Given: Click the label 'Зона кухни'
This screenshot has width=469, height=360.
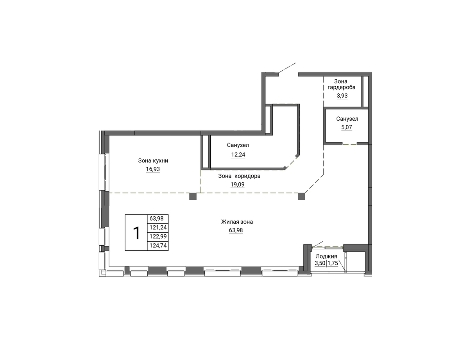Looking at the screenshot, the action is click(x=153, y=160).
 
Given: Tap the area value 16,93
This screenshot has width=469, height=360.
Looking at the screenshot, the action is click(x=153, y=169).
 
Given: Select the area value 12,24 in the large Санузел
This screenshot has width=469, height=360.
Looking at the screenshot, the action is click(x=238, y=155).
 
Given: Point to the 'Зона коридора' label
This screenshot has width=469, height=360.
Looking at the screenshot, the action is click(x=239, y=176).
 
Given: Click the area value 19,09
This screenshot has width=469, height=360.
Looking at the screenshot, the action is click(x=237, y=185).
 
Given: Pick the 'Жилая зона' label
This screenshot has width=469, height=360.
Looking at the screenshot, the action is click(x=237, y=222).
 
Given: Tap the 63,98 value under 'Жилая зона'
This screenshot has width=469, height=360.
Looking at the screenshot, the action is click(x=236, y=230).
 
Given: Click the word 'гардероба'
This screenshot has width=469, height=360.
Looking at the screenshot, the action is click(x=342, y=87).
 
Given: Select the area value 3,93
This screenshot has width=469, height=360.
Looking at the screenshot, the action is click(x=342, y=96).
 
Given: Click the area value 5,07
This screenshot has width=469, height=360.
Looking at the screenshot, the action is click(x=346, y=127).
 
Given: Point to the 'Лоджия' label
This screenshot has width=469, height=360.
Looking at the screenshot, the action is click(x=326, y=257).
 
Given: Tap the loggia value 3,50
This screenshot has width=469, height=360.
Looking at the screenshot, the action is click(x=320, y=263).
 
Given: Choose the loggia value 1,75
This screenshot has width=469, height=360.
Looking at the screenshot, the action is click(x=333, y=263).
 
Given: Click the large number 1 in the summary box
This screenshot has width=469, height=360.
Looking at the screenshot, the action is click(x=136, y=233).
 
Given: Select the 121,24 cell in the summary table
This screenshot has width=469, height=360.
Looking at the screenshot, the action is click(x=158, y=228).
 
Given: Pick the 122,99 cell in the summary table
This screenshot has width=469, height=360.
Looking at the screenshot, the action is click(x=158, y=237).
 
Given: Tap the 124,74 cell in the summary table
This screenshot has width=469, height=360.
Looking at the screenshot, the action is click(x=158, y=246).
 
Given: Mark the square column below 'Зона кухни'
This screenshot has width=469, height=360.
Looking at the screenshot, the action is click(x=193, y=197).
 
